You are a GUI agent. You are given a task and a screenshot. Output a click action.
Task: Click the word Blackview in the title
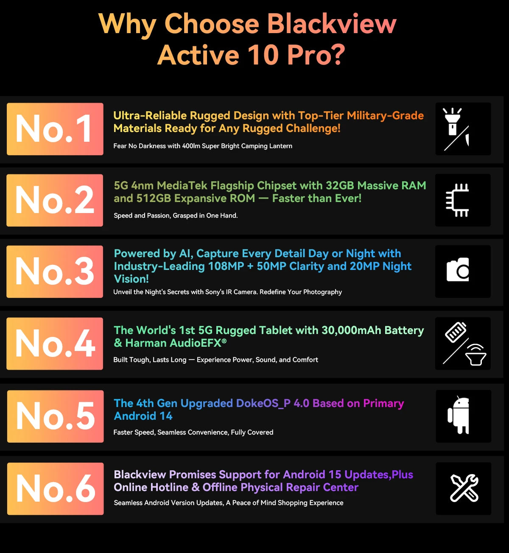click(x=332, y=24)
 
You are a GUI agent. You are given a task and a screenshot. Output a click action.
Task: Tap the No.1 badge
click(x=55, y=129)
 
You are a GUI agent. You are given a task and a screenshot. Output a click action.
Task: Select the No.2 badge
click(x=55, y=200)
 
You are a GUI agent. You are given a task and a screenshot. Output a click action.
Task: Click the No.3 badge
click(x=55, y=272)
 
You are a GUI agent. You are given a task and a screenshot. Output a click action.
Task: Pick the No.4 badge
click(x=55, y=344)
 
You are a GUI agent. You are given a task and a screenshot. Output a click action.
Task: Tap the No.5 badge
click(x=56, y=416)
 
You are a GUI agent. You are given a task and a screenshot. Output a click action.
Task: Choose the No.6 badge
click(x=56, y=489)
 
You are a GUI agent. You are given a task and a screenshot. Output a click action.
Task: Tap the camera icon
click(x=458, y=270)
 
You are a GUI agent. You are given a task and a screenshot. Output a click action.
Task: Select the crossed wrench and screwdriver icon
click(x=464, y=488)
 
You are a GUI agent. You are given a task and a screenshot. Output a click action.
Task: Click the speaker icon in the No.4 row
click(x=476, y=355)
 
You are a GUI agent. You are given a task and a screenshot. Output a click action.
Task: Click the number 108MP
click(x=226, y=266)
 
